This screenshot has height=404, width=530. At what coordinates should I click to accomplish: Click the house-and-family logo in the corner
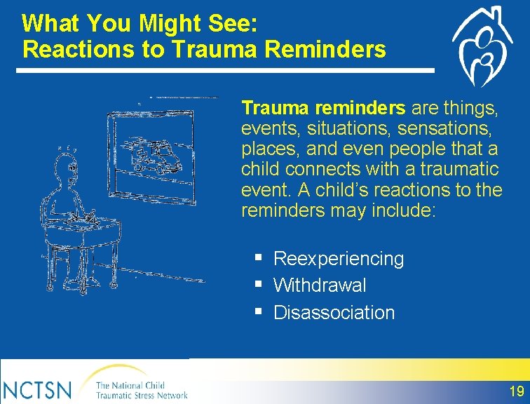482,46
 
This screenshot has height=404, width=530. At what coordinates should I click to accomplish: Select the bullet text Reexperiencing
339,259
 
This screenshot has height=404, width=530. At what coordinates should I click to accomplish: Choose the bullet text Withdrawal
320,285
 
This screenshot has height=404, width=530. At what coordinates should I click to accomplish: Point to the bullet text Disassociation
334,312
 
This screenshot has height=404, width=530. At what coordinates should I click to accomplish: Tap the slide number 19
517,391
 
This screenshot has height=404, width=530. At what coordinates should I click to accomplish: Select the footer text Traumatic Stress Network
142,395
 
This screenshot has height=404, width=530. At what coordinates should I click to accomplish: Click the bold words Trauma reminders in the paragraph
323,108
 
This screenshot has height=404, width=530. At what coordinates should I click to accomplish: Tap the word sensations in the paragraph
444,128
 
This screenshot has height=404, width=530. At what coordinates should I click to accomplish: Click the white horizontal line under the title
225,71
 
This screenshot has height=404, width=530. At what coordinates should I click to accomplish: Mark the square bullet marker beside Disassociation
259,310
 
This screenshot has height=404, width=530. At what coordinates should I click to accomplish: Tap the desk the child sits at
83,234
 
